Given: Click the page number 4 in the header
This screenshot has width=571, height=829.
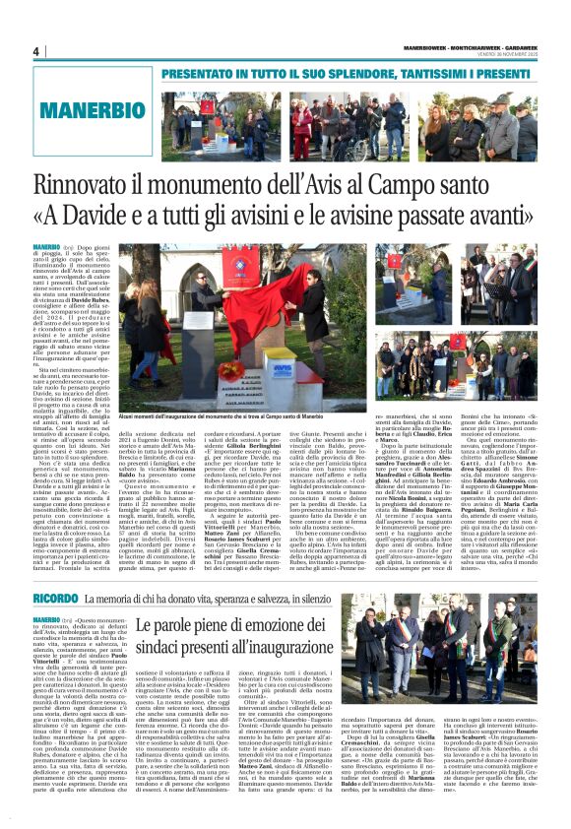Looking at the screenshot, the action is pyautogui.click(x=35, y=51).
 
